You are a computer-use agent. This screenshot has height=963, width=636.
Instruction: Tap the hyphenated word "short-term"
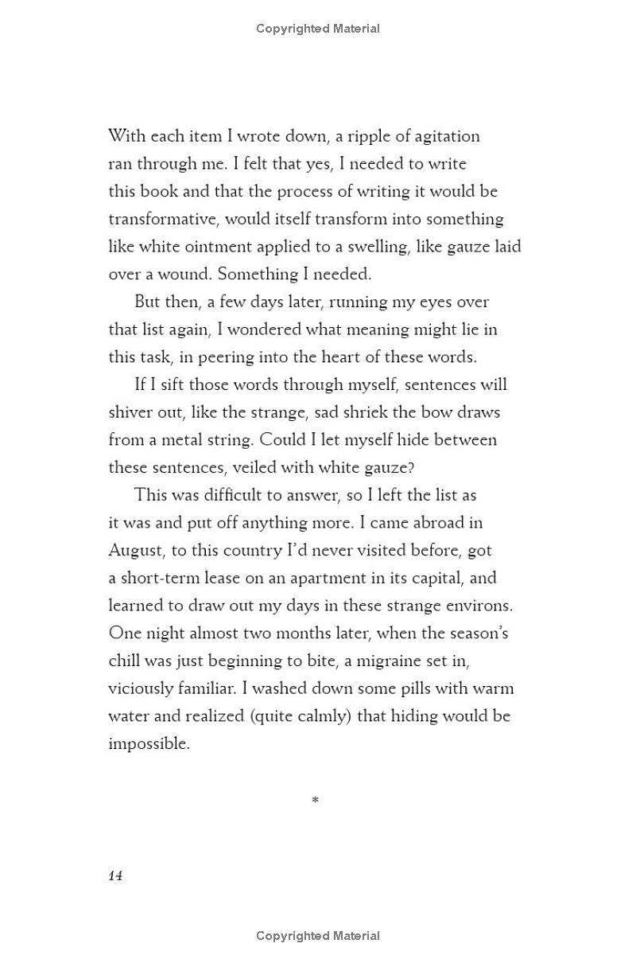(162, 578)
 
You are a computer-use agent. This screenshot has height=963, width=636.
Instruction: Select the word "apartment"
(325, 578)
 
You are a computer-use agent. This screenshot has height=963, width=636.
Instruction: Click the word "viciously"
(141, 688)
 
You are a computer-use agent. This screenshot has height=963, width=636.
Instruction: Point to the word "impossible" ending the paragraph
(149, 744)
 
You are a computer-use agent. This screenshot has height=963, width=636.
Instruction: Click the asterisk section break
(316, 801)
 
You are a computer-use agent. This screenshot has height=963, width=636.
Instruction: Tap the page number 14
(115, 875)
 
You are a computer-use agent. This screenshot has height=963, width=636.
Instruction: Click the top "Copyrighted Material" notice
(318, 29)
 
